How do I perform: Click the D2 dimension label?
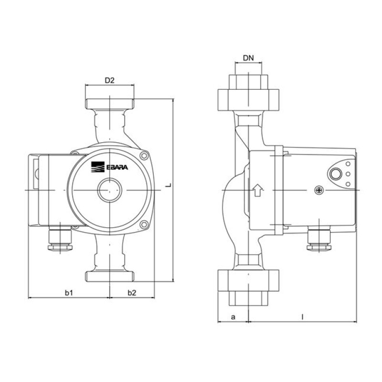[109, 80]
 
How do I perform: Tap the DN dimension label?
[248, 58]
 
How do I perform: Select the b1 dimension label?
[69, 293]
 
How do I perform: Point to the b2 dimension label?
[132, 293]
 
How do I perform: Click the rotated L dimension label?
[169, 185]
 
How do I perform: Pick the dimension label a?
[233, 317]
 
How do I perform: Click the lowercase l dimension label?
[302, 317]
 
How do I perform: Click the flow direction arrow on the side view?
[258, 190]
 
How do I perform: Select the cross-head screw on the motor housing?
[319, 190]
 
